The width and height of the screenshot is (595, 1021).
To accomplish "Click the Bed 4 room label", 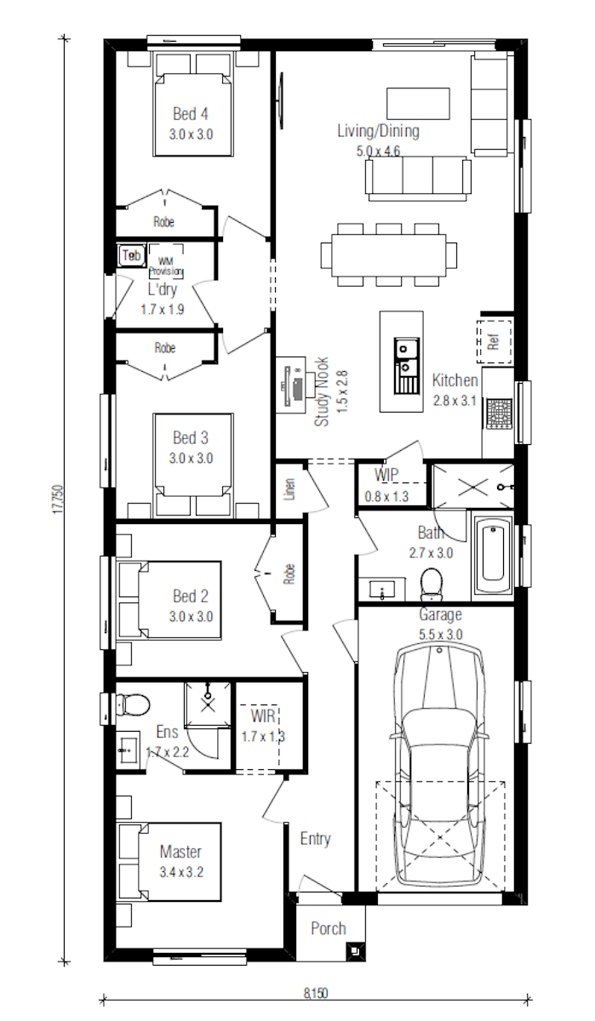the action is (191, 114).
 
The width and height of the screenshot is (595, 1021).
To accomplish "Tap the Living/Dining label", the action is (379, 131).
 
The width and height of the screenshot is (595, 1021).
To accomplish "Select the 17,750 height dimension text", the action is (58, 500).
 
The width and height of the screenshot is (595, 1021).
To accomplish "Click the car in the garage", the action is (440, 765).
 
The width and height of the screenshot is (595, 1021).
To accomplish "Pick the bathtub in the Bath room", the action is (493, 554).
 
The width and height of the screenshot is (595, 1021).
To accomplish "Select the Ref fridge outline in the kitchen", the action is (495, 341).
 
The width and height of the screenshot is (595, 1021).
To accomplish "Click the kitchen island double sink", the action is (407, 365).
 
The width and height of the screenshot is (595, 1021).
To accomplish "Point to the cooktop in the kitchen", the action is (500, 414).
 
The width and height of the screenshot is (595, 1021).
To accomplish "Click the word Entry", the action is (316, 839).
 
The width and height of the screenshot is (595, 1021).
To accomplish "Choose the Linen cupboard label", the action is (289, 488).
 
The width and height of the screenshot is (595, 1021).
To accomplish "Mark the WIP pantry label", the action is (386, 475).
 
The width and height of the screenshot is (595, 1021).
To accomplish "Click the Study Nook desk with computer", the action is (291, 385).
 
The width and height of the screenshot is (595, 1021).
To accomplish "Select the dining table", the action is (388, 254).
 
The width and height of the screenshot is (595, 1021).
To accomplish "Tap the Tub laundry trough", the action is (131, 255).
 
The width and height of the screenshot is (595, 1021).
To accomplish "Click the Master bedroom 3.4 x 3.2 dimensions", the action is (181, 872).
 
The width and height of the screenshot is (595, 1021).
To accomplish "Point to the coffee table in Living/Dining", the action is (419, 104).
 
